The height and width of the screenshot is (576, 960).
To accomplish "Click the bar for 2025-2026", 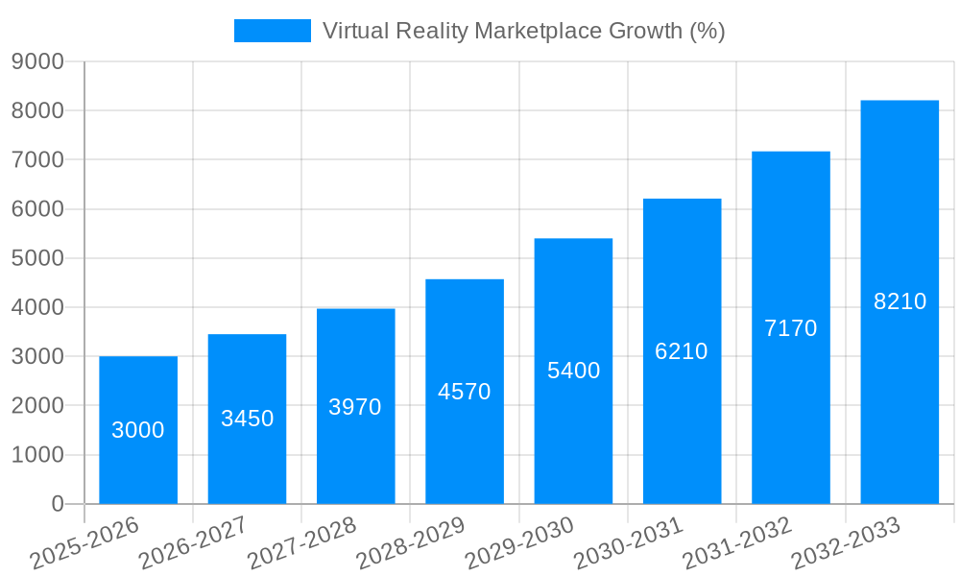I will coord(138,430).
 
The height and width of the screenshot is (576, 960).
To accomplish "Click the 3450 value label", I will coord(247,419).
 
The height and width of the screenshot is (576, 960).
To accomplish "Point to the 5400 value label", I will coord(573,371).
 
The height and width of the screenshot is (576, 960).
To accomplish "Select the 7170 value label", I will coord(790,328).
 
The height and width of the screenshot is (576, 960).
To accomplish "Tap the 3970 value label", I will coord(355,407).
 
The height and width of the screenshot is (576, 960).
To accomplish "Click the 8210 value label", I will coord(900,301).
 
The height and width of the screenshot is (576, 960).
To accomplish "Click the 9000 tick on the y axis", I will coord(37,62).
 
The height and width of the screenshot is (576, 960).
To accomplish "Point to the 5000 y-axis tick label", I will coord(37,258).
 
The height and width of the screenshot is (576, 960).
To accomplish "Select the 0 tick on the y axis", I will coord(57,504).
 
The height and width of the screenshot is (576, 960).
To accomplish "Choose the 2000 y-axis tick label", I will coord(37,406).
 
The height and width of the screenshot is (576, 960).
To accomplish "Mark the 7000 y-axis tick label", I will coord(37,160).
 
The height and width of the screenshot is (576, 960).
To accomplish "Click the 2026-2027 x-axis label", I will coord(193,543).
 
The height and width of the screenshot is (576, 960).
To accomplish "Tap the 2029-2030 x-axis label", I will coord(519,543).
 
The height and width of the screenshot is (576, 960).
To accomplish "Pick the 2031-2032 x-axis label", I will coord(737,543).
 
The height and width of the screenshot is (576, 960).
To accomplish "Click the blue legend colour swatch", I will coord(273,31).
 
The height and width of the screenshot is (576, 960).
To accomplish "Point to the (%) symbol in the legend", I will coord(708,31).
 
